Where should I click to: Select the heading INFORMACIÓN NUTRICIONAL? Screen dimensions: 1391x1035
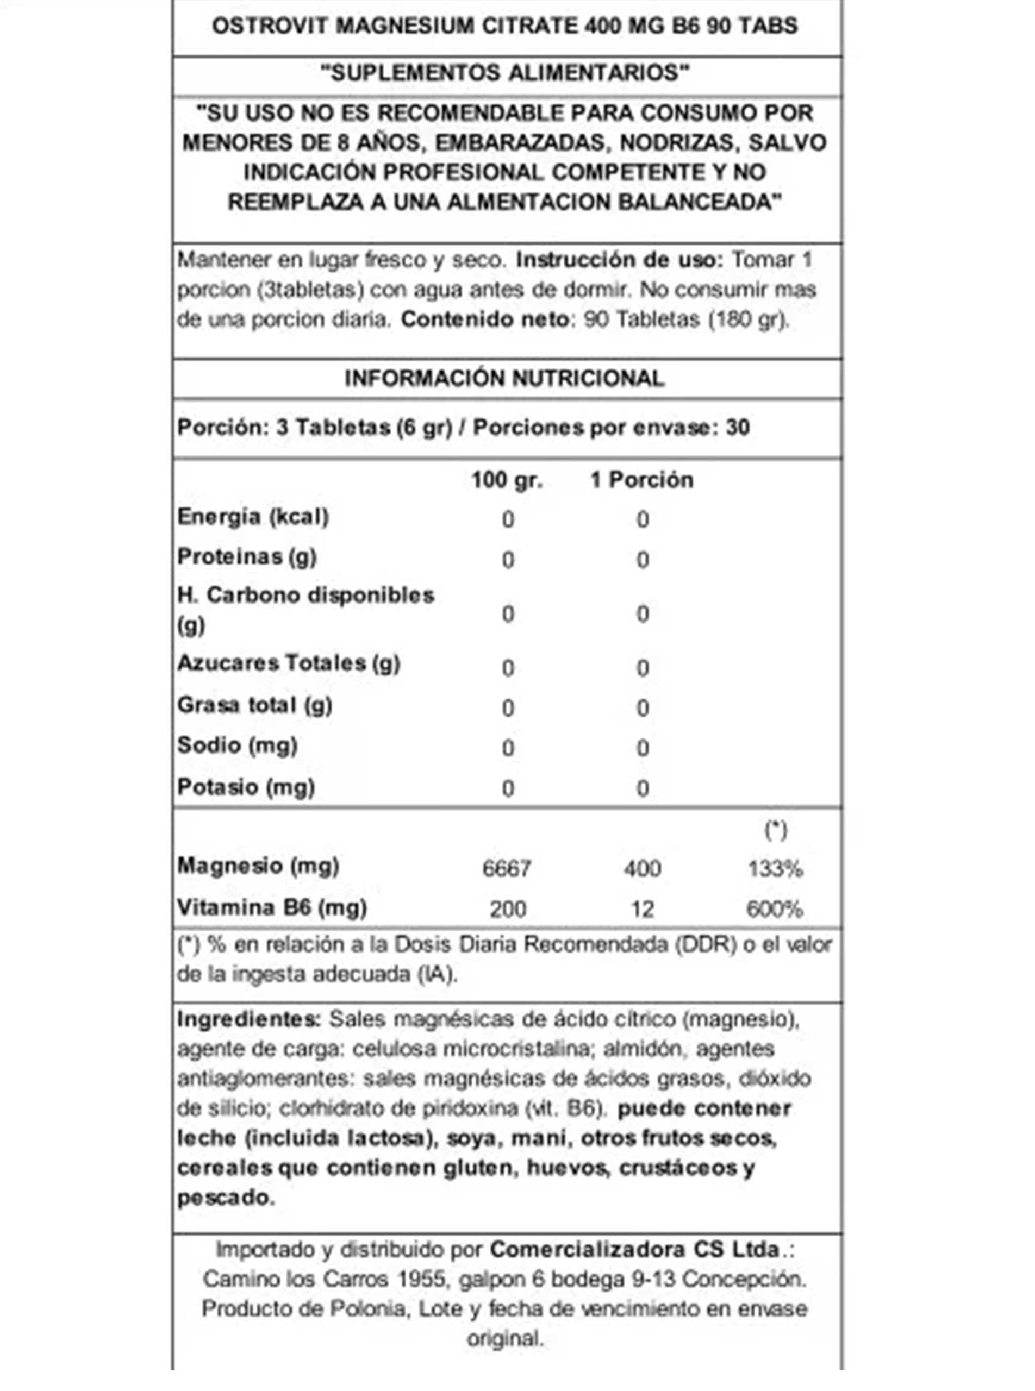[x=504, y=378]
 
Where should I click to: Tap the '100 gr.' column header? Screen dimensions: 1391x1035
[x=507, y=480]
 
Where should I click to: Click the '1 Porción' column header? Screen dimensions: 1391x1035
[x=641, y=480]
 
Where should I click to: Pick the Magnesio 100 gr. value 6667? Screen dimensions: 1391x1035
[x=507, y=868]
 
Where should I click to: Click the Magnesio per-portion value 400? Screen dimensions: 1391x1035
[x=642, y=868]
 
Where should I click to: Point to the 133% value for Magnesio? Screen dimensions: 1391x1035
[x=775, y=868]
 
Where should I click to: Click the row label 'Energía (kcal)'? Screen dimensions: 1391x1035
[x=253, y=517]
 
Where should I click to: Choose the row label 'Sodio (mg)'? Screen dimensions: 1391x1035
[x=238, y=745]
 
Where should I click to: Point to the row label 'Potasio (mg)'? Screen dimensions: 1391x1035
[x=246, y=787]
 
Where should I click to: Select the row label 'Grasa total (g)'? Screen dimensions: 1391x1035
[x=254, y=705]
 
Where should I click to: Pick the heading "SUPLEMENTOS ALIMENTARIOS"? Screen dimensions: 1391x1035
[x=504, y=73]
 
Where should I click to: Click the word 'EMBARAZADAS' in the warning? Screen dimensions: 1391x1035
[x=520, y=143]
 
